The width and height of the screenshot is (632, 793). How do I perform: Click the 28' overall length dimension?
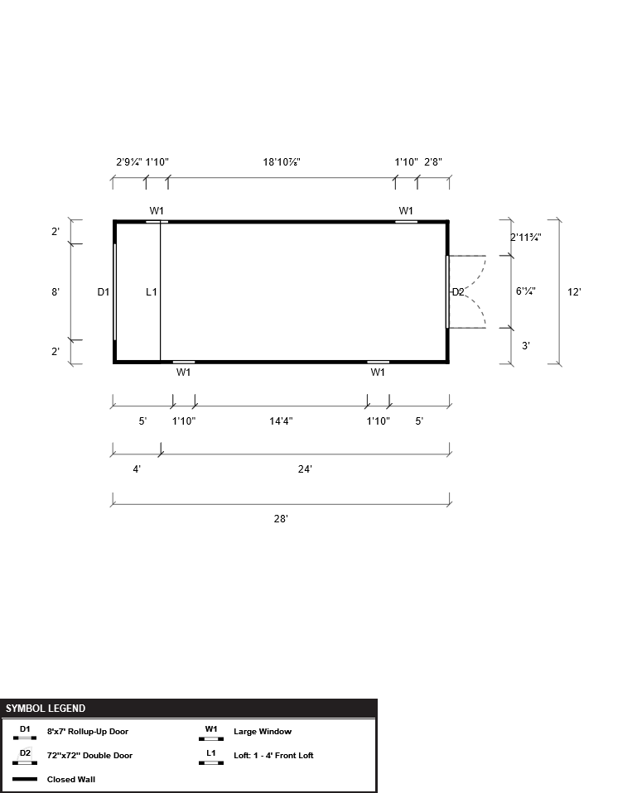(x=281, y=519)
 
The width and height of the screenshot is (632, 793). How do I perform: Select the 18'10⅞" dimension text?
(x=282, y=162)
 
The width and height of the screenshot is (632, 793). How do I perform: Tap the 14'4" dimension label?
(x=281, y=421)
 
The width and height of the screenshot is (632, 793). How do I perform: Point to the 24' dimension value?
(x=305, y=469)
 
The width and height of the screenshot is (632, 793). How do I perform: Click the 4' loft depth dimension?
(x=137, y=469)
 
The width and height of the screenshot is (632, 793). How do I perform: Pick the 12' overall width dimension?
(x=574, y=292)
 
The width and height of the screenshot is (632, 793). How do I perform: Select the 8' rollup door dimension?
(x=55, y=292)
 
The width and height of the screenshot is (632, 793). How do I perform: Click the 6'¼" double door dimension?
(x=526, y=291)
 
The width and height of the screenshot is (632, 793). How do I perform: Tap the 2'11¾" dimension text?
(x=526, y=238)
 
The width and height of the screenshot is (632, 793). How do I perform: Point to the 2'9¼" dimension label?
(x=129, y=162)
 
